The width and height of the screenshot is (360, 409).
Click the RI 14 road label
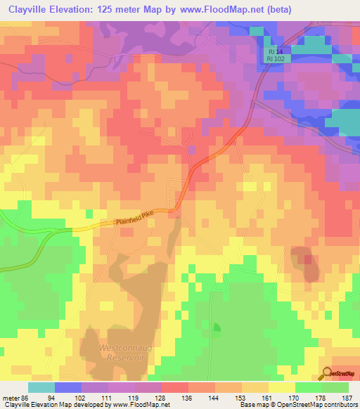[274, 52]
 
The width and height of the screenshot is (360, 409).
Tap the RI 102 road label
[276, 60]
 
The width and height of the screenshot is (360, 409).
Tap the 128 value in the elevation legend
[161, 397]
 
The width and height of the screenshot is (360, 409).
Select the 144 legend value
[214, 397]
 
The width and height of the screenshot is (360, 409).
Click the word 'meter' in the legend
[11, 397]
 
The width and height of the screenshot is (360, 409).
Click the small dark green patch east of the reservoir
[217, 327]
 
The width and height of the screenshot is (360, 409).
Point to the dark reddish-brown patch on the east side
[305, 264]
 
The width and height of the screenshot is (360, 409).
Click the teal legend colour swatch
[41, 387]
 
